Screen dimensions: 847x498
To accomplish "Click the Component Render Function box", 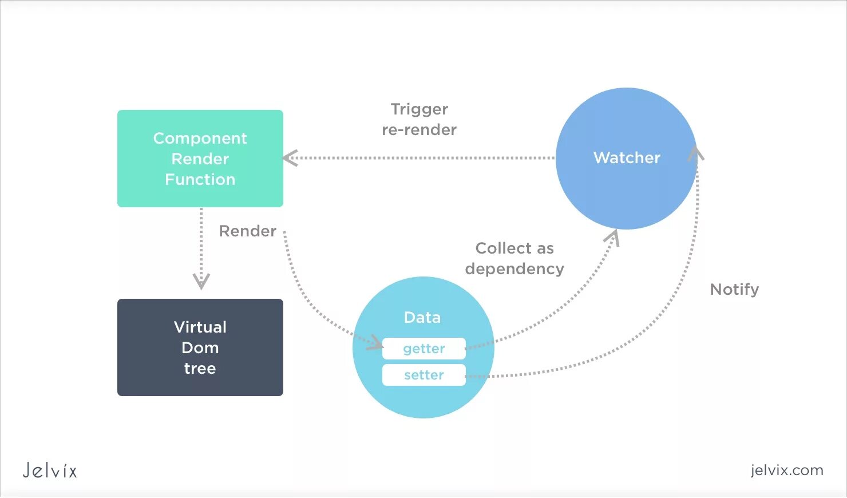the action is coord(200,159).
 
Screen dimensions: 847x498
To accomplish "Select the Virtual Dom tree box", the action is coord(200,347).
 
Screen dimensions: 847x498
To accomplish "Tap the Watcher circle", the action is coord(626,159).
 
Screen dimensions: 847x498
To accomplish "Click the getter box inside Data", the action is coord(424,349).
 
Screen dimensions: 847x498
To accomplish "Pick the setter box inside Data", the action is coord(424,375).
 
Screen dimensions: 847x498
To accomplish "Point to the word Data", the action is coord(422,318).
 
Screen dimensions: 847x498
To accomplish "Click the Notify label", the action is coord(734,290).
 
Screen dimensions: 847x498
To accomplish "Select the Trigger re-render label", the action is coord(419,120).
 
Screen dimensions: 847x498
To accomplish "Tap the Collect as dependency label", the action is coord(514,259).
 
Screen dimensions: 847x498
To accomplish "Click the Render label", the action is coord(248,231).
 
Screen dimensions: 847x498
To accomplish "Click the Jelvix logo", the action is coord(50,471).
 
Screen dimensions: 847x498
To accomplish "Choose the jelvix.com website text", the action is coord(787,470).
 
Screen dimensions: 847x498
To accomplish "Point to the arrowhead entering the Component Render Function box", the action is coord(290,158).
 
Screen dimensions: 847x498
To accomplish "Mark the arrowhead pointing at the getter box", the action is coord(376,342).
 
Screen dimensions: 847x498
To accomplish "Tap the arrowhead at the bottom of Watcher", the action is coord(612,237).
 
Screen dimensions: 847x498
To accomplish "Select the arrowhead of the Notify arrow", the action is coord(696,153).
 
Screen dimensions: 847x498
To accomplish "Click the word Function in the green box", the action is coord(200,180).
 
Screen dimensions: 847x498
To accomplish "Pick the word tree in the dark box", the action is coord(200,369).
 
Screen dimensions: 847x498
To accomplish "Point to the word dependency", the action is coord(514,269).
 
